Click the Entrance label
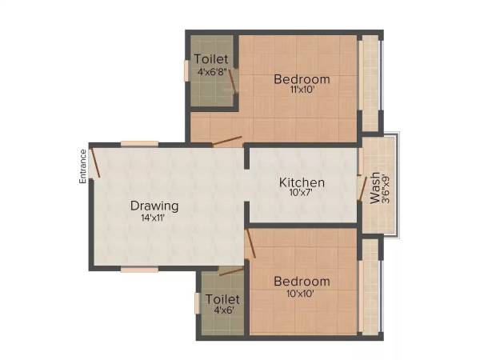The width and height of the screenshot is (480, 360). pos(82,166)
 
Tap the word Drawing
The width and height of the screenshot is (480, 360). pos(154,206)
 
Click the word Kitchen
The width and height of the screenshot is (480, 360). pos(302,182)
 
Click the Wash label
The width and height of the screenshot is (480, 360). pos(374,189)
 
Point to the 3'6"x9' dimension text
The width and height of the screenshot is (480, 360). pos(386,189)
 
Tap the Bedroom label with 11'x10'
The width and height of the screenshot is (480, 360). pos(302,79)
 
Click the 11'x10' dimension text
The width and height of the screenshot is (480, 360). pos(301,90)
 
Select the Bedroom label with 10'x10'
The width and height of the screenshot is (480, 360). pos(302,282)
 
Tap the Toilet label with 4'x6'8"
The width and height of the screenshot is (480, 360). pos(211,59)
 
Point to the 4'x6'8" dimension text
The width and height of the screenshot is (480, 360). pos(211,70)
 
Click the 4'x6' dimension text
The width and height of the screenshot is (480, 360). pos(221,311)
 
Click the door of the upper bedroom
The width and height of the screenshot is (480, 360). pos(227,142)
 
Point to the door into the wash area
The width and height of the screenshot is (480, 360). pos(362,189)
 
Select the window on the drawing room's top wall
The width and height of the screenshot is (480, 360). pos(139,144)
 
